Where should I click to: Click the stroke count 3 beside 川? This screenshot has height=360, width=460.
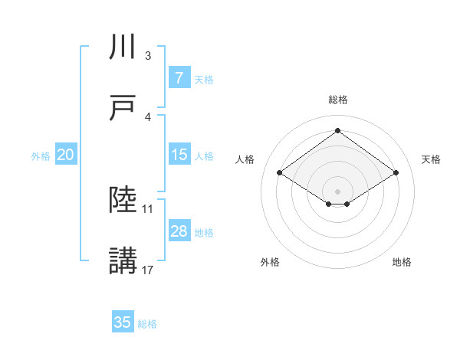pyautogui.click(x=148, y=56)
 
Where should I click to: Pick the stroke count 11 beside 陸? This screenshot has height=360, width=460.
pyautogui.click(x=149, y=208)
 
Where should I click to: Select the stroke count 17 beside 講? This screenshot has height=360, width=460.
pyautogui.click(x=149, y=270)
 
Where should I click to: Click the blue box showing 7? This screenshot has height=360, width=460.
pyautogui.click(x=179, y=78)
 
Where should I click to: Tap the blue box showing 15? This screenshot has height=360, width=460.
pyautogui.click(x=179, y=155)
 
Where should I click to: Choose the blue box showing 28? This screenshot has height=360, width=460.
pyautogui.click(x=179, y=231)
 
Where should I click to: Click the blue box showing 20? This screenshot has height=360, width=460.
pyautogui.click(x=65, y=155)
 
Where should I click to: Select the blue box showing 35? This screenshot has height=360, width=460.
pyautogui.click(x=123, y=322)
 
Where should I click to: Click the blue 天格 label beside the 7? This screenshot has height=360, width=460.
pyautogui.click(x=204, y=79)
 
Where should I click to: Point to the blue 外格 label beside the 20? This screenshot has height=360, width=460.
pyautogui.click(x=41, y=155)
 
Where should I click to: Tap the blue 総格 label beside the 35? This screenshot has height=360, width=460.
pyautogui.click(x=147, y=323)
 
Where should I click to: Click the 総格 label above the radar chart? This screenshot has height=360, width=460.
pyautogui.click(x=337, y=100)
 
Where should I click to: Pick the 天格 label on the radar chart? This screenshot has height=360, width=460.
pyautogui.click(x=432, y=159)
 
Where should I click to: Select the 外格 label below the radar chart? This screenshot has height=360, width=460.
pyautogui.click(x=270, y=262)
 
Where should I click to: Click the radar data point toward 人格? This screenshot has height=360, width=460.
pyautogui.click(x=280, y=173)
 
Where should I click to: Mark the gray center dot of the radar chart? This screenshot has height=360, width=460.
pyautogui.click(x=337, y=191)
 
